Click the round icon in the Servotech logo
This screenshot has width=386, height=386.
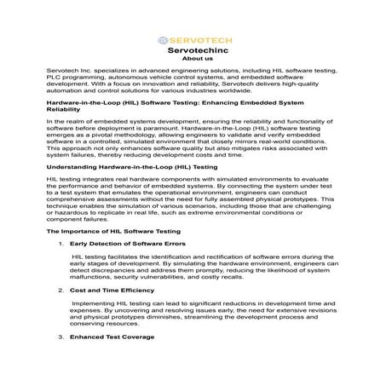(x=164, y=40)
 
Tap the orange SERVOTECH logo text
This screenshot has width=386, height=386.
(x=198, y=40)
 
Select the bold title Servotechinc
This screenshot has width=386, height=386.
(x=193, y=51)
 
